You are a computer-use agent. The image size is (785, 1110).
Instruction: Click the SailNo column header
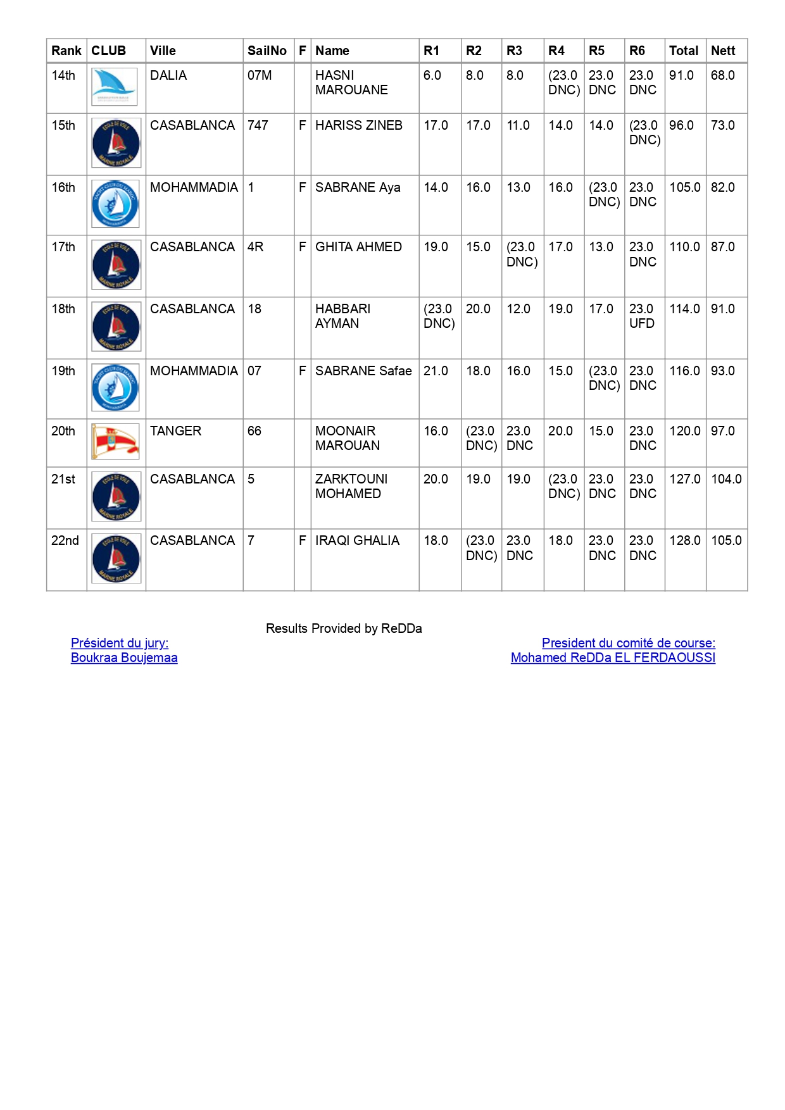pyautogui.click(x=267, y=51)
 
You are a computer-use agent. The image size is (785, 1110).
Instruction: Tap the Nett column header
pyautogui.click(x=723, y=51)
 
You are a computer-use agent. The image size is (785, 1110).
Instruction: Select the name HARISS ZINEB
pyautogui.click(x=358, y=125)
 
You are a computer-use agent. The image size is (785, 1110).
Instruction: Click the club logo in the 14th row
pyautogui.click(x=115, y=87)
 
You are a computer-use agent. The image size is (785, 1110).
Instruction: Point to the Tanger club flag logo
pyautogui.click(x=115, y=441)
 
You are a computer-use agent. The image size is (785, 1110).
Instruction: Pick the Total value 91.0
pyautogui.click(x=681, y=75)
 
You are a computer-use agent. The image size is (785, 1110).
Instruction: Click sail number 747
pyautogui.click(x=258, y=125)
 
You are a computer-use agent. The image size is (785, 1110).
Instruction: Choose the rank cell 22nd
pyautogui.click(x=65, y=540)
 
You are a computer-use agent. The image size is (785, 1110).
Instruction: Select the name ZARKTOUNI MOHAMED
pyautogui.click(x=351, y=486)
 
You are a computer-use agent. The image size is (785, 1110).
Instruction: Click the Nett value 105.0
pyautogui.click(x=726, y=540)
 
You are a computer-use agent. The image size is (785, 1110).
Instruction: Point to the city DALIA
pyautogui.click(x=168, y=75)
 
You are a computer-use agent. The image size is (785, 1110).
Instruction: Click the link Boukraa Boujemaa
pyautogui.click(x=124, y=658)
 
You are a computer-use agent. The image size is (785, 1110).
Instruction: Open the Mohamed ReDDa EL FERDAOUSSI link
pyautogui.click(x=613, y=658)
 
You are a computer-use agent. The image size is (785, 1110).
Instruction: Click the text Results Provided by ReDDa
pyautogui.click(x=344, y=628)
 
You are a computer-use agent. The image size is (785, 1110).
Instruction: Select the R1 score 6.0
pyautogui.click(x=432, y=75)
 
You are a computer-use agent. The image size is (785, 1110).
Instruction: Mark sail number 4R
pyautogui.click(x=255, y=247)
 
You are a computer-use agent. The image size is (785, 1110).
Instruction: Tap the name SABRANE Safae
pyautogui.click(x=363, y=371)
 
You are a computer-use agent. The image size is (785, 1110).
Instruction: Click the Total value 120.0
pyautogui.click(x=685, y=431)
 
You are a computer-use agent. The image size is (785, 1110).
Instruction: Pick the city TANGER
pyautogui.click(x=175, y=431)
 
